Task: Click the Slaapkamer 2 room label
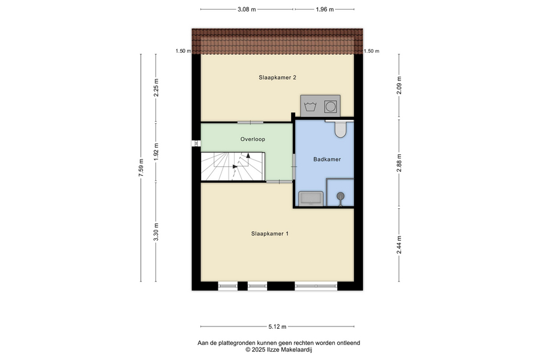[277, 77]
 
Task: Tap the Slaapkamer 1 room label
[269, 233]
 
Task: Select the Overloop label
[253, 139]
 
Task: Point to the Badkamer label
[327, 159]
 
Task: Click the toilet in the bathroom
[340, 128]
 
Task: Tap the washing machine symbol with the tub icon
[311, 106]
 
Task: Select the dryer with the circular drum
[331, 106]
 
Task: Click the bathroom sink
[311, 199]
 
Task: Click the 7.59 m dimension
[141, 168]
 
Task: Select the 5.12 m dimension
[277, 326]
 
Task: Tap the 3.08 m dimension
[247, 10]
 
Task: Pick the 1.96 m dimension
[325, 10]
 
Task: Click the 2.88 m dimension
[399, 163]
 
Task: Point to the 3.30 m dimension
[156, 232]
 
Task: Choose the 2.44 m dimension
[399, 245]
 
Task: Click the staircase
[233, 166]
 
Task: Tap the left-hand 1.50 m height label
[183, 51]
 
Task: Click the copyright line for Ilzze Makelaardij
[278, 350]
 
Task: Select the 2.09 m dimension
[399, 85]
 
